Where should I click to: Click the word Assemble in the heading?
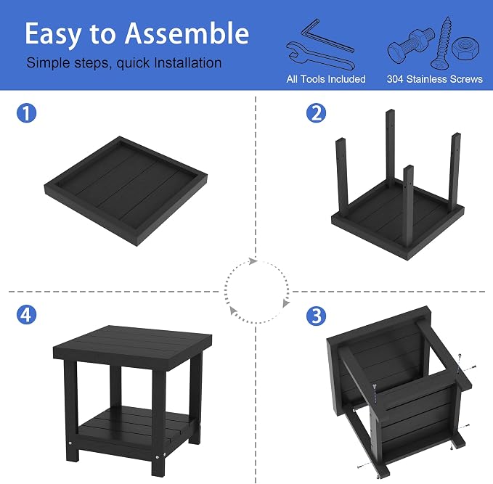pyautogui.click(x=187, y=33)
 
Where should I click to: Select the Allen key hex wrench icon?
pyautogui.click(x=327, y=36)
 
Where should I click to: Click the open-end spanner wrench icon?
pyautogui.click(x=320, y=56)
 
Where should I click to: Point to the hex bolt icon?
pyautogui.click(x=411, y=45)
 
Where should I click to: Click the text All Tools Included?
pyautogui.click(x=326, y=79)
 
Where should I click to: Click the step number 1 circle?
pyautogui.click(x=26, y=113)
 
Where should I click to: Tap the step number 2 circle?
pyautogui.click(x=316, y=113)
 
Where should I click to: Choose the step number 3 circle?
pyautogui.click(x=316, y=316)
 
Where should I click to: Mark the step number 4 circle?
pyautogui.click(x=26, y=315)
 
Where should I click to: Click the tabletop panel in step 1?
pyautogui.click(x=126, y=190)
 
